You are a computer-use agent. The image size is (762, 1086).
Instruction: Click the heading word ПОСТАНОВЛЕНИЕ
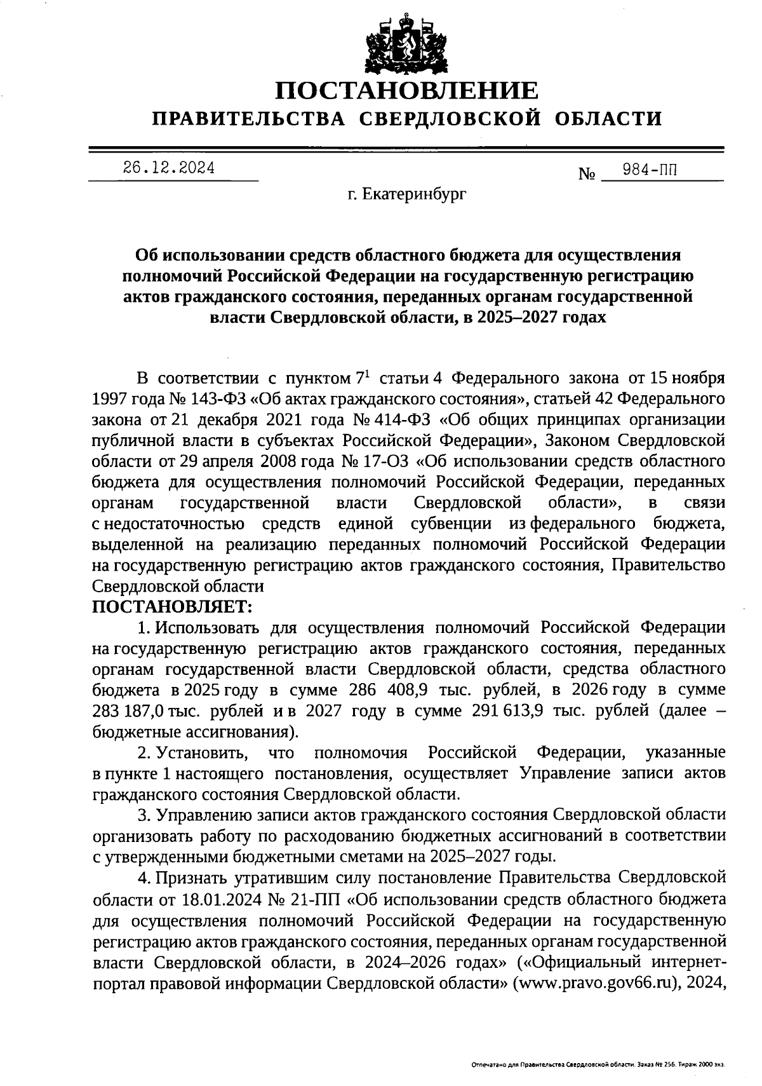coord(406,91)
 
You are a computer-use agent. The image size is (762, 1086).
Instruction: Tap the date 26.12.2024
coord(168,168)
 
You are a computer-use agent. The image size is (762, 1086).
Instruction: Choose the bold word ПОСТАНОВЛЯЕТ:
coord(173,606)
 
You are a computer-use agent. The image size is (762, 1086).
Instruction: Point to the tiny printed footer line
coord(598,1064)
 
